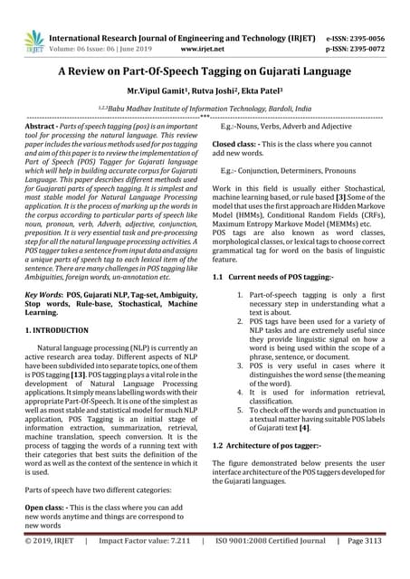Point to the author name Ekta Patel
(266, 93)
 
